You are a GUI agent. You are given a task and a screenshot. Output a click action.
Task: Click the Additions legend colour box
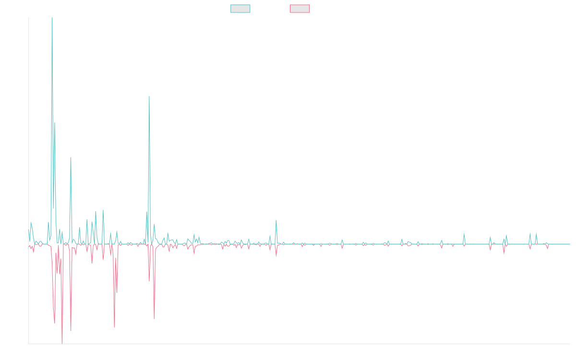click(x=240, y=9)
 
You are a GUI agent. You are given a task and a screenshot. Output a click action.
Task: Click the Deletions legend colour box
click(x=300, y=9)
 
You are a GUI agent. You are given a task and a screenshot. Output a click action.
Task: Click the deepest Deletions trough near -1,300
click(x=62, y=342)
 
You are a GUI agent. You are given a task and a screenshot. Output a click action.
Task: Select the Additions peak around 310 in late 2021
click(x=276, y=220)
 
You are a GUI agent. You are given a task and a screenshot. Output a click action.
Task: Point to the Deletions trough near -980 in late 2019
click(x=154, y=318)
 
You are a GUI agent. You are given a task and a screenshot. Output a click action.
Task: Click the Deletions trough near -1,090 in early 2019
click(x=114, y=327)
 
